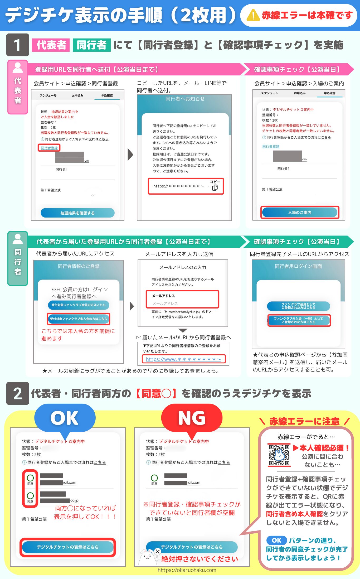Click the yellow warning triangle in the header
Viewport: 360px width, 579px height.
(x=253, y=15)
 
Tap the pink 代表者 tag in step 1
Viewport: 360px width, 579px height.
(x=51, y=45)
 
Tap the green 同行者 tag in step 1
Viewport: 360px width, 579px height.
(x=91, y=45)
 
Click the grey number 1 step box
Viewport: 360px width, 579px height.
(x=17, y=45)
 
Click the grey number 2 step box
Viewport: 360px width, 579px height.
(x=17, y=393)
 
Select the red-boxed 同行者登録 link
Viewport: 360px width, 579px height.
(x=49, y=148)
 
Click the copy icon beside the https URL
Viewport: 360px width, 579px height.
(x=215, y=187)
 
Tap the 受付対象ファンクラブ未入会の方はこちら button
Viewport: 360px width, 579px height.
(x=79, y=319)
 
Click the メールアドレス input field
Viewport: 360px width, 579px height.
(x=182, y=303)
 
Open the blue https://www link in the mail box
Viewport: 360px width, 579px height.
(x=183, y=359)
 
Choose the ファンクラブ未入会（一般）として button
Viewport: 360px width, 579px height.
(x=299, y=320)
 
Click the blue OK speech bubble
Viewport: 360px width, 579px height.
(x=65, y=418)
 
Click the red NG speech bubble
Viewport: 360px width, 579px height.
(x=192, y=418)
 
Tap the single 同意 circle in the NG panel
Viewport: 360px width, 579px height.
(x=154, y=478)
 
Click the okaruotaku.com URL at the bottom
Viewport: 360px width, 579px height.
(x=187, y=570)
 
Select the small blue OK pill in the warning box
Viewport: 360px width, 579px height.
(x=276, y=540)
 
